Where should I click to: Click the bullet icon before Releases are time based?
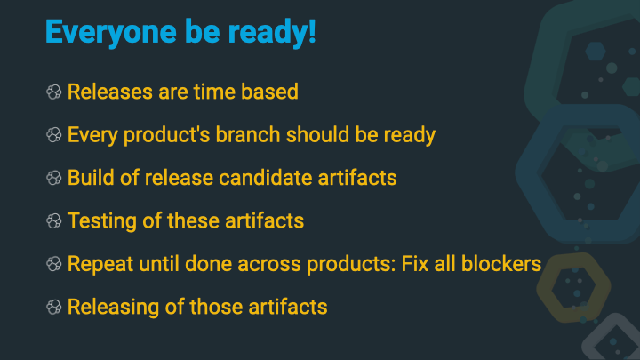point(54,92)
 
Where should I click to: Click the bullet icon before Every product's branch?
point(54,135)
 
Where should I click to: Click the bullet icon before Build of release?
point(54,178)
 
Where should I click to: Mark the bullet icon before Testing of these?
point(54,220)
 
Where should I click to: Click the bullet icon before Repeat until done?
point(54,264)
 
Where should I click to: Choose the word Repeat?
point(97,264)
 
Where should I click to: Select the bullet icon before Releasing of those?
point(54,307)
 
